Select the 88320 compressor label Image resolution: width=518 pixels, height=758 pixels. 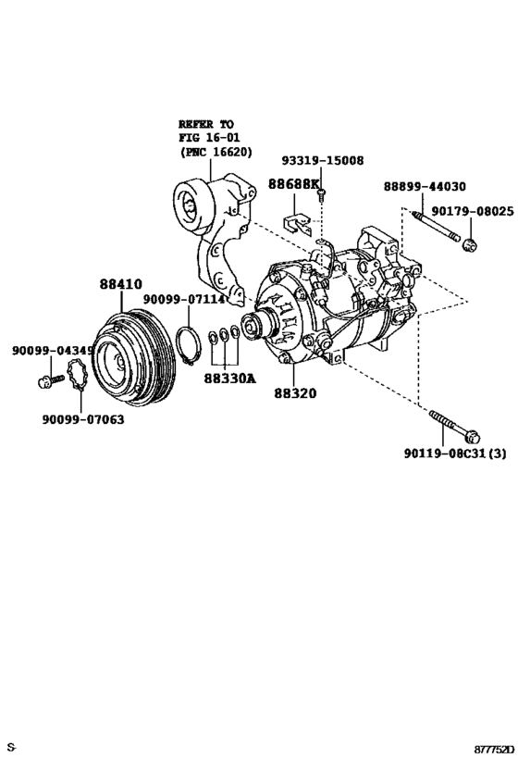coord(294,392)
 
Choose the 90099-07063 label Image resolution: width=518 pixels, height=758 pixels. coord(82,418)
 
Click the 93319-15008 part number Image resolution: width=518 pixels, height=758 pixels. coord(323,160)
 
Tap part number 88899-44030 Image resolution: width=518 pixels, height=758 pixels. coord(425,186)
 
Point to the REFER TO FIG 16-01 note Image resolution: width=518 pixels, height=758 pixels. coord(214,137)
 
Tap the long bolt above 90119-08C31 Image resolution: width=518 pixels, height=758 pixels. coord(452,426)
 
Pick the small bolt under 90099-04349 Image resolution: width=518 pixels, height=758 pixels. coord(44,379)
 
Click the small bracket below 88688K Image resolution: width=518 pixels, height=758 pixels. coord(294,223)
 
